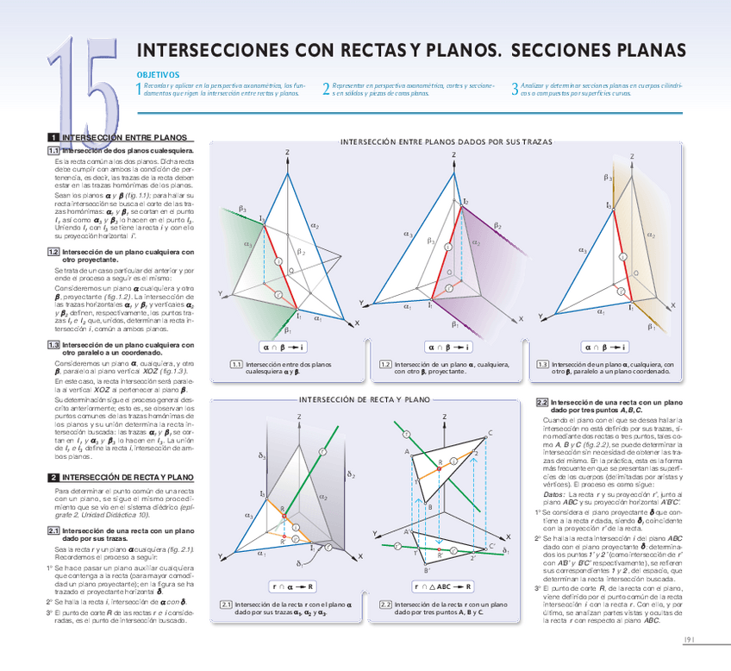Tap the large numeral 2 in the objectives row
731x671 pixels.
326,89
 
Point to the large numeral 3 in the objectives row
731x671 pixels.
515,89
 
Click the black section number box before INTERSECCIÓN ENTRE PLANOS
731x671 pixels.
53,137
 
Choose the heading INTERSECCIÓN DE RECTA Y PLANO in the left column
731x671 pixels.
128,476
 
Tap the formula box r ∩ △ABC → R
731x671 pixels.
444,586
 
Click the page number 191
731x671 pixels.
690,639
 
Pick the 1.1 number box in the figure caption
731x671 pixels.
236,364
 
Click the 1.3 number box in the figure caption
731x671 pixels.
541,364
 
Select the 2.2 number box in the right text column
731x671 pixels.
541,402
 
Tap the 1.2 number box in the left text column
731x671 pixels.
53,252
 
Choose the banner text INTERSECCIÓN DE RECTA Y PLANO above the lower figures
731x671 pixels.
363,400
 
